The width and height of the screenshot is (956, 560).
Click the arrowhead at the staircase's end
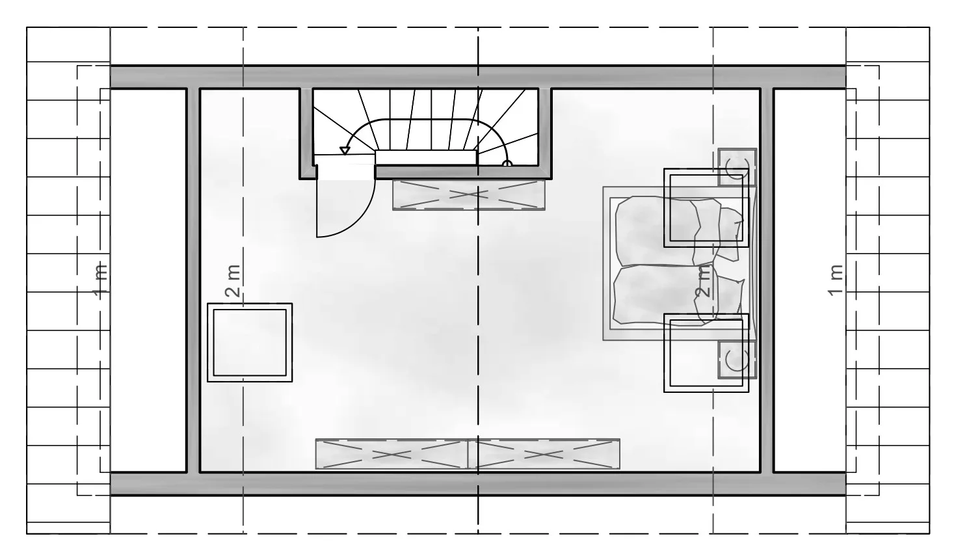(345, 151)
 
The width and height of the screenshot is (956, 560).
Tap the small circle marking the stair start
(507, 163)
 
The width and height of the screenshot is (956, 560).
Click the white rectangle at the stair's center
(426, 157)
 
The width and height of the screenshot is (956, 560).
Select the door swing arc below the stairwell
(363, 219)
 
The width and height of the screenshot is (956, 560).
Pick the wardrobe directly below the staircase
(469, 195)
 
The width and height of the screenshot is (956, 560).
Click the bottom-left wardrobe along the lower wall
(392, 454)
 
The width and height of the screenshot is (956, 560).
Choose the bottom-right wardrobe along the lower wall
(544, 454)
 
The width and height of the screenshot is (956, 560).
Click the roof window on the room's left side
(250, 342)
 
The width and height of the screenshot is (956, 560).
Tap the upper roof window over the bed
(706, 207)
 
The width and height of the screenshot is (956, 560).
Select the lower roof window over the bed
(706, 353)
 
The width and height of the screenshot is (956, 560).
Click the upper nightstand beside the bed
(737, 167)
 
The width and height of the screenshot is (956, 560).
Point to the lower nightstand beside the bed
(737, 360)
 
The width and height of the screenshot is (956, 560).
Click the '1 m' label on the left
(100, 281)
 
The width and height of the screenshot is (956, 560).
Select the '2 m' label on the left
(233, 281)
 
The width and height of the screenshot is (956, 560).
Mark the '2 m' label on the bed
(704, 281)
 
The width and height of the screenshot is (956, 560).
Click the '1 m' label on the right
(836, 280)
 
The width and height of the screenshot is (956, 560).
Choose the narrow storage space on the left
(148, 280)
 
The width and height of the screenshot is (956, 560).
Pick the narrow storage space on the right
(810, 280)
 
